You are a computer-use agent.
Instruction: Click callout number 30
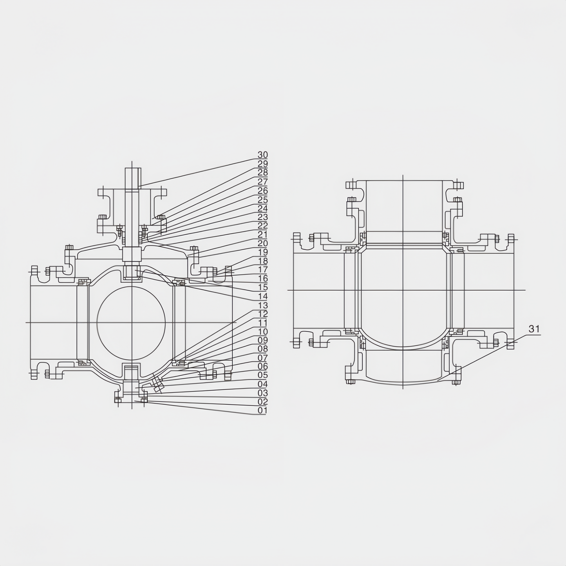tap(262, 154)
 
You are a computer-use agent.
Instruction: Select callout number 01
tap(262, 410)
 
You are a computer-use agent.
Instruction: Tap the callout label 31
tap(534, 329)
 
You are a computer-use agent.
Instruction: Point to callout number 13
tap(262, 305)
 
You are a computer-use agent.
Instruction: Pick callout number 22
tap(262, 225)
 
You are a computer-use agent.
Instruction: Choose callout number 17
tap(262, 269)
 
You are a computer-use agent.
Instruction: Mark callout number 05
tap(262, 375)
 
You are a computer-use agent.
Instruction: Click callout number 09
tap(262, 340)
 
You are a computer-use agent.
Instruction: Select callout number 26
tap(262, 190)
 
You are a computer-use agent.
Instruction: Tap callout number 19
tap(262, 252)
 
